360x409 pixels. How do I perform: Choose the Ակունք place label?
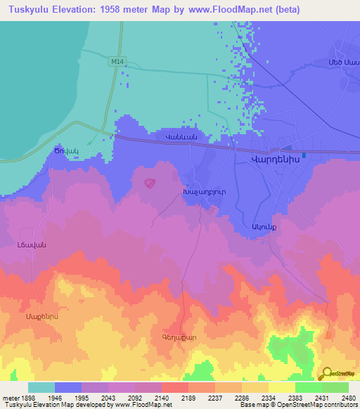pos(260,226)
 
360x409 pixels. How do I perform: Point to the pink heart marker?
pos(149,183)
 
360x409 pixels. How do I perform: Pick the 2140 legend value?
pos(162,398)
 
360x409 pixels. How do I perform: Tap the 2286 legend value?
pos(242,398)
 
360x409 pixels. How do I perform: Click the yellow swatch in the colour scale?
pos(281,387)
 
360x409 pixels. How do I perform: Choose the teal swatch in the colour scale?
pos(41,387)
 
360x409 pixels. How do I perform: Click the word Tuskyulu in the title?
pos(31,10)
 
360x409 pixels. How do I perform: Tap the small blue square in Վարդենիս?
pos(304,155)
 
